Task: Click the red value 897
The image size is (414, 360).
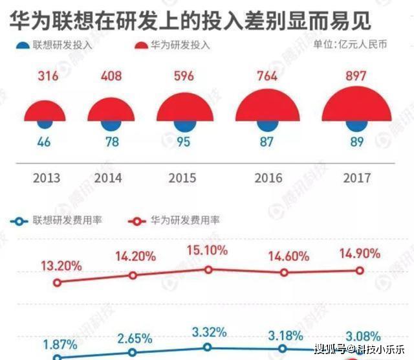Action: click(x=355, y=76)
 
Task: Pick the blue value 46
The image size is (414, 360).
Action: click(x=45, y=142)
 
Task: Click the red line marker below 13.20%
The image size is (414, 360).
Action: click(x=58, y=282)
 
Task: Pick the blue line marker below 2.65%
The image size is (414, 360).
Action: click(x=133, y=353)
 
